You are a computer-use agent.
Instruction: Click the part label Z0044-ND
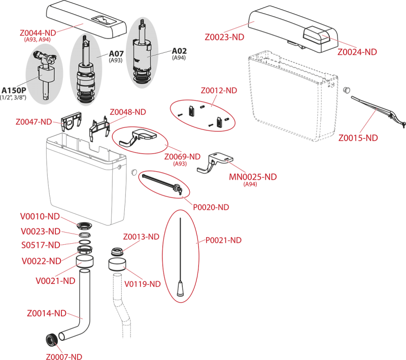[x=38, y=33]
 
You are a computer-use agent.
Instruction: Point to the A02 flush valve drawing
[x=142, y=52]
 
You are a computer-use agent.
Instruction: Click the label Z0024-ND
[x=357, y=52]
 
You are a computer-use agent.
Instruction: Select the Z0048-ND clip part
[x=99, y=128]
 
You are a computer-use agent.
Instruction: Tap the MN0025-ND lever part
[x=215, y=162]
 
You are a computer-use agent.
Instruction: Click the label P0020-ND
[x=211, y=207]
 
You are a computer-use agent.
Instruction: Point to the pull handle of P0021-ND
[x=180, y=289]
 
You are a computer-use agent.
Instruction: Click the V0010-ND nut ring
[x=84, y=225]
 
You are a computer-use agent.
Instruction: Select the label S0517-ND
[x=41, y=245]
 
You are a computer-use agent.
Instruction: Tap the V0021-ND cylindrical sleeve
[x=85, y=261]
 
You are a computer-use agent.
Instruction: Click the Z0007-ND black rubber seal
[x=52, y=340]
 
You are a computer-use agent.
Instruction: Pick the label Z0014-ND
[x=47, y=313]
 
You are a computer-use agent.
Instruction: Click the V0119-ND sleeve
[x=117, y=265]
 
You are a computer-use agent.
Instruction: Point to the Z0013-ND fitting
[x=117, y=251]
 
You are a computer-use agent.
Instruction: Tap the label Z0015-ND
[x=358, y=138]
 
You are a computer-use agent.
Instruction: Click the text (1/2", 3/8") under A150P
[x=13, y=97]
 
